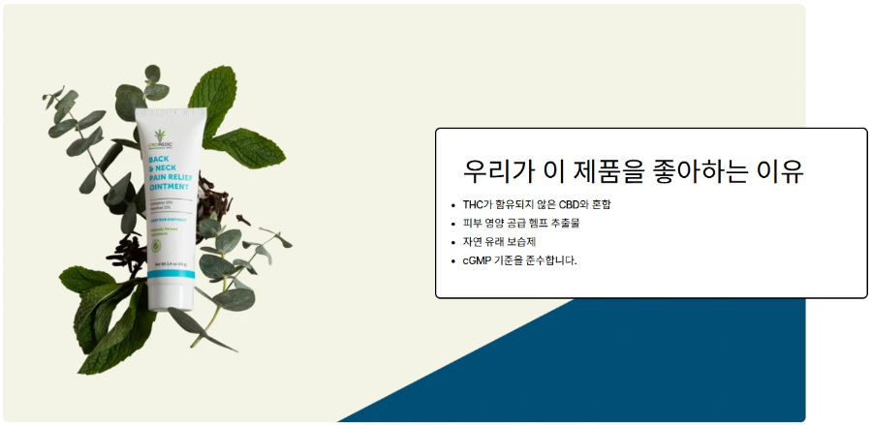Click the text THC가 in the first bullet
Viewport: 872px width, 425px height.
(x=477, y=204)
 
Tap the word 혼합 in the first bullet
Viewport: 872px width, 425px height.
(x=602, y=204)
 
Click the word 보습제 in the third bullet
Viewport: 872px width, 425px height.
(x=520, y=242)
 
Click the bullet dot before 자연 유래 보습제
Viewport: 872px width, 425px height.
(x=453, y=242)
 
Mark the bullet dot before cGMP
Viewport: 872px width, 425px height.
(x=453, y=260)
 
